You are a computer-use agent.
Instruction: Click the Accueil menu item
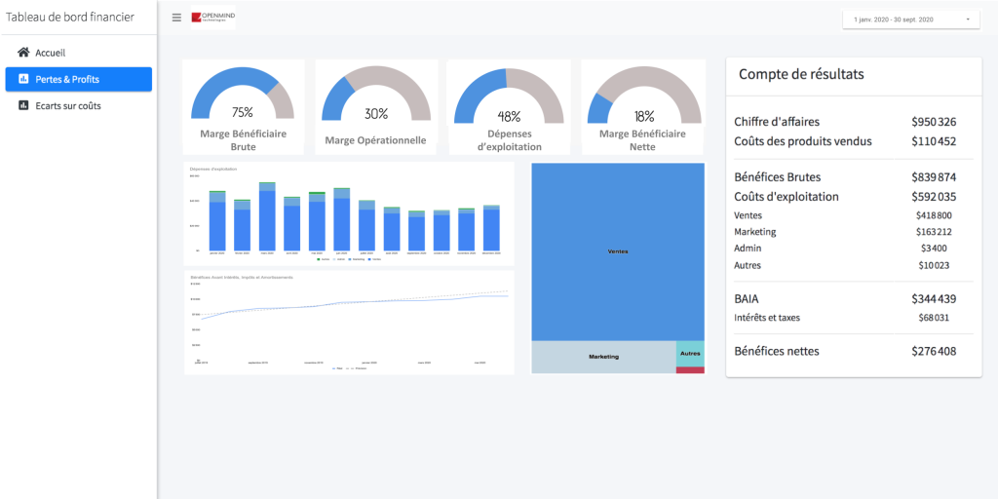click(49, 53)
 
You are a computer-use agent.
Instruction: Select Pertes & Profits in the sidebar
click(66, 79)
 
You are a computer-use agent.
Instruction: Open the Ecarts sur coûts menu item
click(67, 105)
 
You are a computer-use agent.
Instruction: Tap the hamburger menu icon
click(176, 18)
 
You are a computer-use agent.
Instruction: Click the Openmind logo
click(212, 18)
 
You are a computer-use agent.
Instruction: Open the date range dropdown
click(910, 19)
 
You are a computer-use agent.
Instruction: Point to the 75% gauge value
click(243, 112)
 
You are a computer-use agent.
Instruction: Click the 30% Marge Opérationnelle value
click(376, 114)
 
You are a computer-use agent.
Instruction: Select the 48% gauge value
click(509, 116)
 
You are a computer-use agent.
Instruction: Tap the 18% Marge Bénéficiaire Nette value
click(644, 116)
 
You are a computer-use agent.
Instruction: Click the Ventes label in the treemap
click(618, 251)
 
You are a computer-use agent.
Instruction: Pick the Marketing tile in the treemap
click(603, 357)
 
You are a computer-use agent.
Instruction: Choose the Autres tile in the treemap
click(690, 353)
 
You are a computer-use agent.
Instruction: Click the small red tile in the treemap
click(690, 370)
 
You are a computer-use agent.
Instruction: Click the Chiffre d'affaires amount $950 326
click(934, 122)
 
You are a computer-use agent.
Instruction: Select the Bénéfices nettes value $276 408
click(934, 351)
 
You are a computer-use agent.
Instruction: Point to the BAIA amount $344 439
click(934, 298)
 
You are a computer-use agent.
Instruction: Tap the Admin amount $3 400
click(934, 249)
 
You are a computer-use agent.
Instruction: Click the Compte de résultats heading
click(801, 74)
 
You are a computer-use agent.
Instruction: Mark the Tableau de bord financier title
click(70, 17)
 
